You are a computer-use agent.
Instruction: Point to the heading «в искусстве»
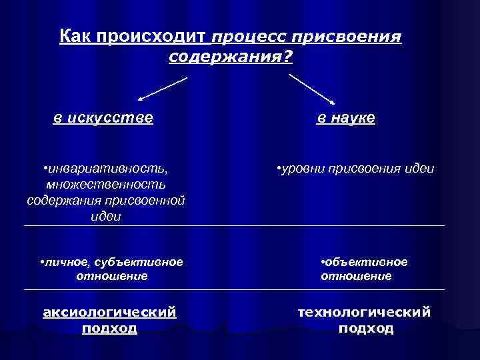[103, 118]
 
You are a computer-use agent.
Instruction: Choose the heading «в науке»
[346, 118]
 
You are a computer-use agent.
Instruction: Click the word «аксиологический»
[109, 312]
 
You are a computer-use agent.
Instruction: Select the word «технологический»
[364, 312]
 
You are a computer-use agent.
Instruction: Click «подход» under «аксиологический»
[109, 328]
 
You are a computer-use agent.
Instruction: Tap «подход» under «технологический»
[366, 328]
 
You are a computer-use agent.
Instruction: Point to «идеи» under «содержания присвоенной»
[105, 217]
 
